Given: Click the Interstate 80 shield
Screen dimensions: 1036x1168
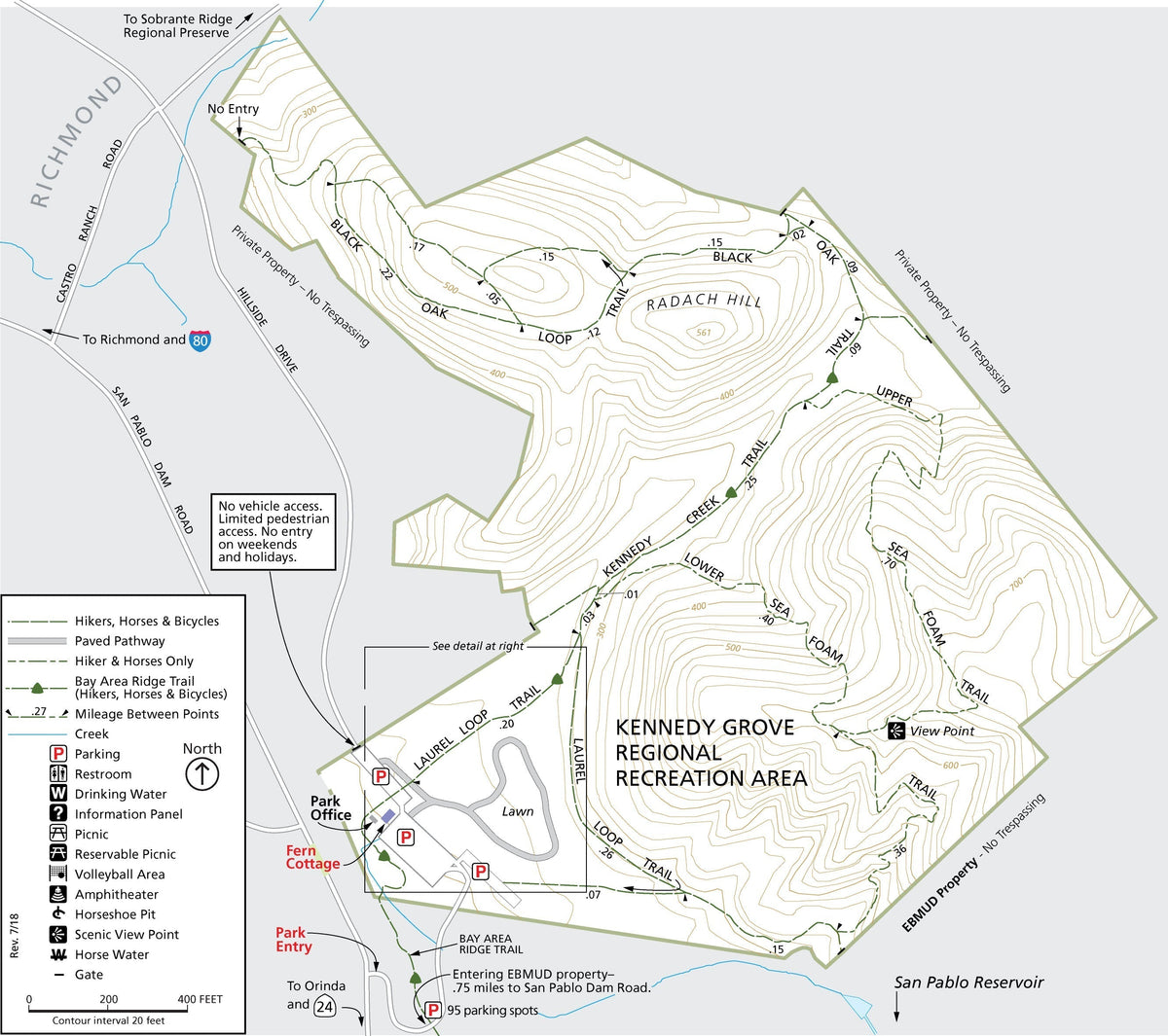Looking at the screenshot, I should click(201, 339).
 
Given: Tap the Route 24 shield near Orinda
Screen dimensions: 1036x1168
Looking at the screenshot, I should click(324, 1007).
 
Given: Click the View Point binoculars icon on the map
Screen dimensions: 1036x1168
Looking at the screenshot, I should click(896, 730).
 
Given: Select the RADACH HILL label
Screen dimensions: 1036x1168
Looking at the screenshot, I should click(704, 302).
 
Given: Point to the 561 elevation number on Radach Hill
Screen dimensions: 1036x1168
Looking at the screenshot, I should click(705, 333).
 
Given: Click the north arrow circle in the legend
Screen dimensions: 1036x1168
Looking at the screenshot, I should click(202, 774).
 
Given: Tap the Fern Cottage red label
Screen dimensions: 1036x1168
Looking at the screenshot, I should click(312, 857).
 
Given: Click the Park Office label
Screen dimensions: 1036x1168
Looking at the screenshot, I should click(331, 808).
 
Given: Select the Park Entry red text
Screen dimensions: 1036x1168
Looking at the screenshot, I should click(293, 940).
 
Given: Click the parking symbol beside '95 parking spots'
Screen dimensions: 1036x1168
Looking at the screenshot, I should click(433, 1011).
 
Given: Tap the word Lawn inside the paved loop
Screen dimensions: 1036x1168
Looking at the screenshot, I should click(518, 811).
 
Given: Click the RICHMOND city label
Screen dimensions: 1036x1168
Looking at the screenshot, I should click(77, 141).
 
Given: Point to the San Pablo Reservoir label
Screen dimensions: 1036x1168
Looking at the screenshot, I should click(968, 982).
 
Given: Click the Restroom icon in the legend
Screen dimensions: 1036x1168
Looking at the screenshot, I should click(58, 774).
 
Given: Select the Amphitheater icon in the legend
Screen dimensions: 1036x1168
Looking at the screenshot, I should click(58, 894).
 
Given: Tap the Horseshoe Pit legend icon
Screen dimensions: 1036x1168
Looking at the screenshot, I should click(58, 914).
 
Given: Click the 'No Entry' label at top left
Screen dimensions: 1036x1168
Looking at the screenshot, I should click(234, 109).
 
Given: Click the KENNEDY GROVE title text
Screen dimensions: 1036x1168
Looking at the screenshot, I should click(705, 728).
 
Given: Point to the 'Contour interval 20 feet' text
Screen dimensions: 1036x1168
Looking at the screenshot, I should click(108, 1020).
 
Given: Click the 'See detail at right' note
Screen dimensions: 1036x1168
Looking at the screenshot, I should click(478, 646).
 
